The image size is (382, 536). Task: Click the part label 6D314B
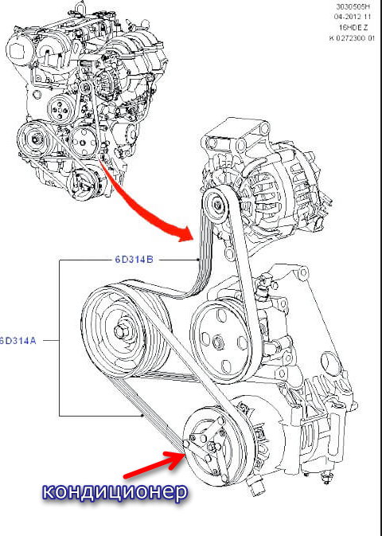(x=134, y=260)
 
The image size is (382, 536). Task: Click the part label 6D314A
(x=17, y=340)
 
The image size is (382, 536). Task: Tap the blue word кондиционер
(x=115, y=491)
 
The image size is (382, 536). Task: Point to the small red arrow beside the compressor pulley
(x=155, y=464)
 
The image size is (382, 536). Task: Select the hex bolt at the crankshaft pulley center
(x=121, y=331)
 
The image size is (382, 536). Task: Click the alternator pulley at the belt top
(x=216, y=205)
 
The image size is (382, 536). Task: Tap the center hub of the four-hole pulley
(x=217, y=342)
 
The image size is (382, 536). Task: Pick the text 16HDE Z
(x=360, y=27)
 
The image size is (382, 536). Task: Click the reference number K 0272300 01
(x=352, y=38)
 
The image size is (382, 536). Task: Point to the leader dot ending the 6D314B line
(x=198, y=260)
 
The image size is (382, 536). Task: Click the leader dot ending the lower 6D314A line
(x=142, y=416)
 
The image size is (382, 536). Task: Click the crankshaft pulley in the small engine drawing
(x=35, y=139)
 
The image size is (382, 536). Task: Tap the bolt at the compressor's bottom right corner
(x=327, y=478)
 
